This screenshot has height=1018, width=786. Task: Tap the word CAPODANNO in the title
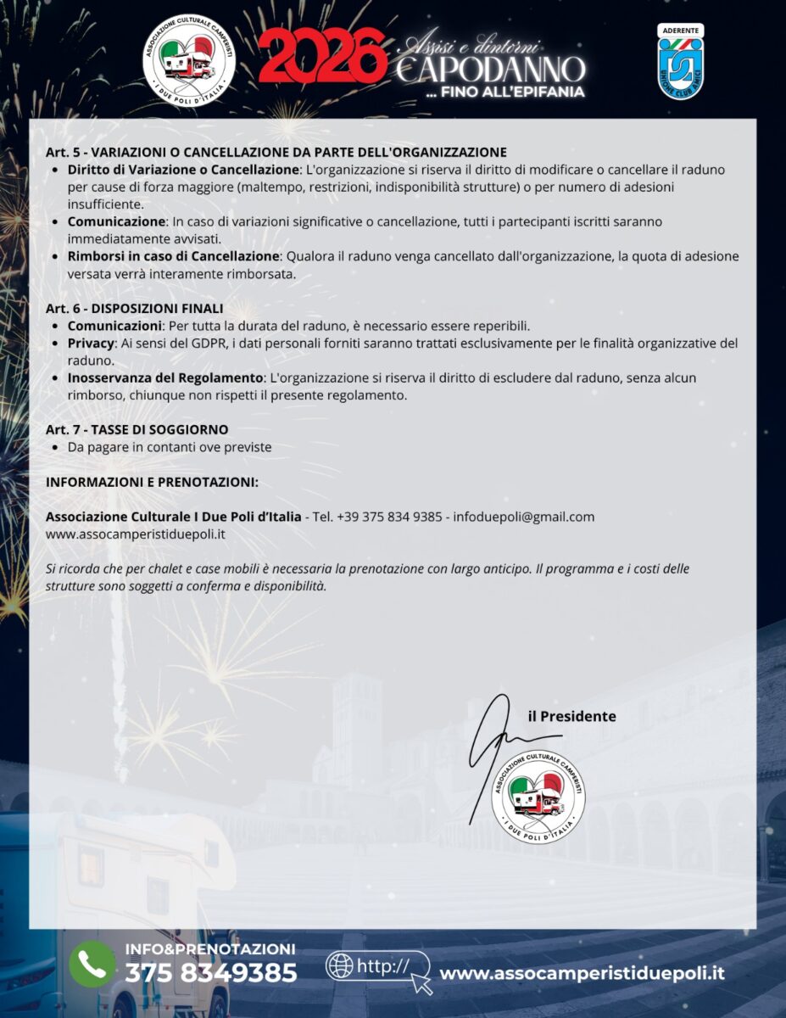[x=489, y=70]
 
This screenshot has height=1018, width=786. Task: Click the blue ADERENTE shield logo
[x=680, y=61]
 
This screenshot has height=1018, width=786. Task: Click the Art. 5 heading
[x=276, y=153]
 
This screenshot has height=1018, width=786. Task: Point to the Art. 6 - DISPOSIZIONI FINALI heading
[x=134, y=308]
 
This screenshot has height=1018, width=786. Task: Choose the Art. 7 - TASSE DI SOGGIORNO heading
[x=137, y=429]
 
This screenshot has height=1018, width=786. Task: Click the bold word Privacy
[x=90, y=344]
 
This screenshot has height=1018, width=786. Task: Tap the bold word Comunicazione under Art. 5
[x=116, y=221]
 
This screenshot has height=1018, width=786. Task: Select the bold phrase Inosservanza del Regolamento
[x=165, y=378]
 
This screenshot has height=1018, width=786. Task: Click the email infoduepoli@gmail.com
[x=524, y=517]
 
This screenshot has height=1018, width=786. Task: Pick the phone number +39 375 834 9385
[x=388, y=517]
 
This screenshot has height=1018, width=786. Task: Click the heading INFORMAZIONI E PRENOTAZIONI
[x=152, y=482]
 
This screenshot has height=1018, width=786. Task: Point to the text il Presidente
[x=571, y=716]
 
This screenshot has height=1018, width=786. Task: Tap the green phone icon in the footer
[x=92, y=964]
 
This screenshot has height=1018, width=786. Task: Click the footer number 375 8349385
[x=210, y=973]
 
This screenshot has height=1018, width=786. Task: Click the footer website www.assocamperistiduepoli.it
[x=582, y=973]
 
